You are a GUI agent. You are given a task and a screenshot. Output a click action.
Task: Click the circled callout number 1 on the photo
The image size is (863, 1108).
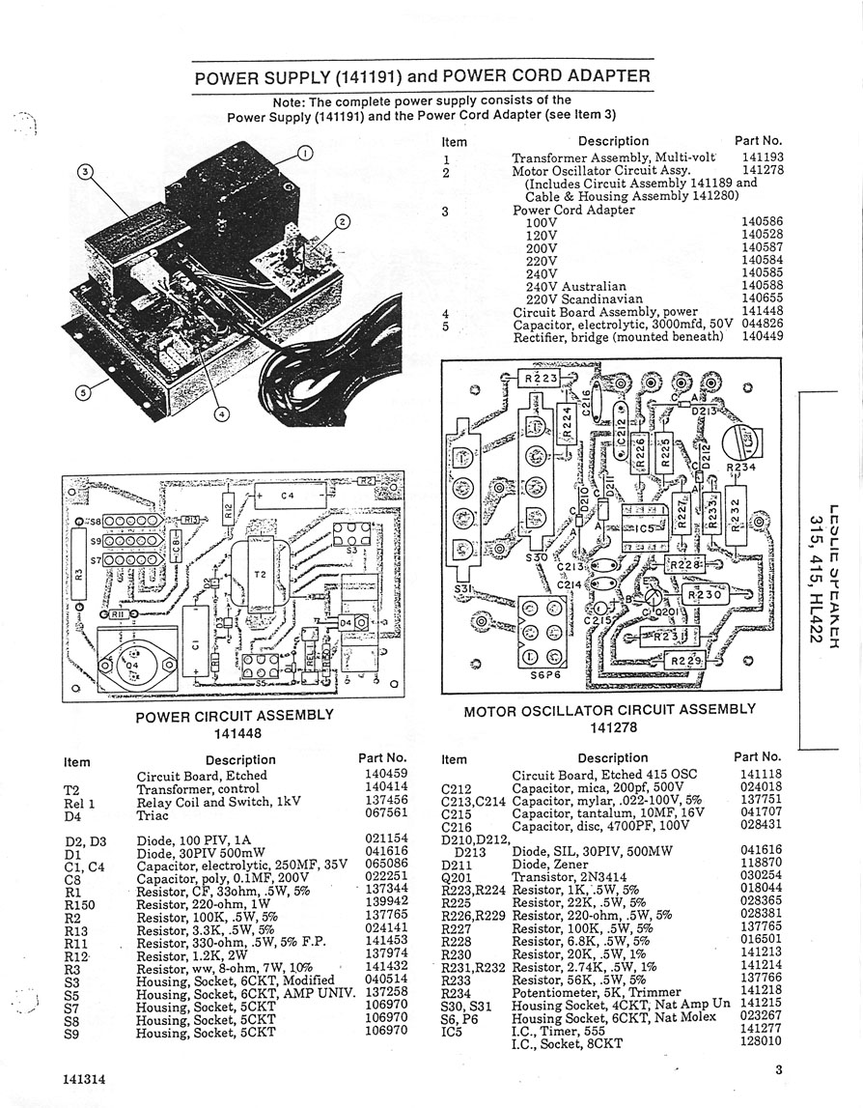point(304,153)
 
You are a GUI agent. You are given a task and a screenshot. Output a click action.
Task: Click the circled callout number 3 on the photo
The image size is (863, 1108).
point(86,172)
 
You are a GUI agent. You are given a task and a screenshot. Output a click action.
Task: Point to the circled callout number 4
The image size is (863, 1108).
point(221,413)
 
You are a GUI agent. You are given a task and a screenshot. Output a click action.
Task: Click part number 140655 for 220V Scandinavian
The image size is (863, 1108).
point(763,299)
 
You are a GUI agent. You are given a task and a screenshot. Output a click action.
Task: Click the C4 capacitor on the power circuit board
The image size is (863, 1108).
point(287,497)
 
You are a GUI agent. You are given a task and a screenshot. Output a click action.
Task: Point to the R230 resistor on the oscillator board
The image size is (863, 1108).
point(705,596)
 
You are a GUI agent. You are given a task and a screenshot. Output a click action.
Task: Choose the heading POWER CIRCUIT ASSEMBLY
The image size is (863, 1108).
point(235,716)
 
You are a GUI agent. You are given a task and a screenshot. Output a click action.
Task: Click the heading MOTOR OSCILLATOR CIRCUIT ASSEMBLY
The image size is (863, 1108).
point(610,710)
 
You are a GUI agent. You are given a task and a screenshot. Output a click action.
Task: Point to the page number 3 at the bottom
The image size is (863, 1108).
point(778,1069)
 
